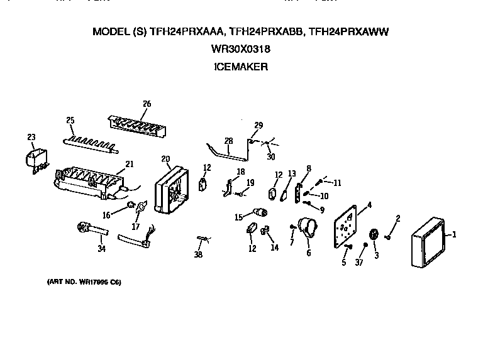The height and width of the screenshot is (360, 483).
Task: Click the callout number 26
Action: [x=147, y=104]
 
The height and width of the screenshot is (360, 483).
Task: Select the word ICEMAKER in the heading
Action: [x=241, y=65]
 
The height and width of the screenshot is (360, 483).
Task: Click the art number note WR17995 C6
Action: [x=84, y=281]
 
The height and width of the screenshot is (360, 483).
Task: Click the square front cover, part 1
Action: [x=429, y=244]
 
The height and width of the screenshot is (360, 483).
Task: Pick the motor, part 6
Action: [x=308, y=228]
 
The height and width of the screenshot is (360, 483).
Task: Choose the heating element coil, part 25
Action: [x=91, y=143]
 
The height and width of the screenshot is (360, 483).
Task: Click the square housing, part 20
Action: [x=171, y=188]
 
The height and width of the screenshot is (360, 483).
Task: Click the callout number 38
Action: [x=199, y=256]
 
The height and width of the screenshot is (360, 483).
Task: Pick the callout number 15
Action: [x=238, y=217]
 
